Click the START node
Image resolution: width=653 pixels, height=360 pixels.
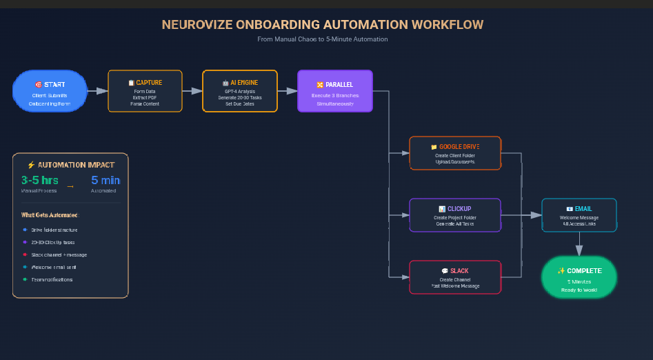click(50, 91)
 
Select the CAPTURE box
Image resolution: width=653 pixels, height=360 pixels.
click(145, 91)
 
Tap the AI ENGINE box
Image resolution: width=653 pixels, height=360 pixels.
click(239, 91)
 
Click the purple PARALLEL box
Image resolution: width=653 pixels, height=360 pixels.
click(334, 91)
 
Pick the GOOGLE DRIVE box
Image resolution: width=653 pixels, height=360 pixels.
click(454, 153)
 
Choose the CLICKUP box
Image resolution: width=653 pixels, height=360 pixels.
click(454, 215)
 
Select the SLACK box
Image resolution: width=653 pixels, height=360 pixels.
click(454, 277)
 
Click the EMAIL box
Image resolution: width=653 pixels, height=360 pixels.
click(579, 215)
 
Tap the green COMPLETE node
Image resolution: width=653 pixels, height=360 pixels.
click(579, 277)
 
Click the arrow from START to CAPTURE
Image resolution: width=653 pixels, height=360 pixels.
click(98, 91)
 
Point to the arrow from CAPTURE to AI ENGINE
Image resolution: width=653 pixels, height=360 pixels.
click(192, 91)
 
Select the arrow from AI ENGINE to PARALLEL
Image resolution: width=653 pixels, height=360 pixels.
click(287, 91)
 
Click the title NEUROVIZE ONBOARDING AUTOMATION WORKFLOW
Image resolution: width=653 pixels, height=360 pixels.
click(323, 25)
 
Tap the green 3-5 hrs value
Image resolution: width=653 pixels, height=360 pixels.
click(40, 181)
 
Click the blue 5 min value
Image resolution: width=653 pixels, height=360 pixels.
click(105, 181)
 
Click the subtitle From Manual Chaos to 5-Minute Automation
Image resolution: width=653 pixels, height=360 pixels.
click(323, 39)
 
